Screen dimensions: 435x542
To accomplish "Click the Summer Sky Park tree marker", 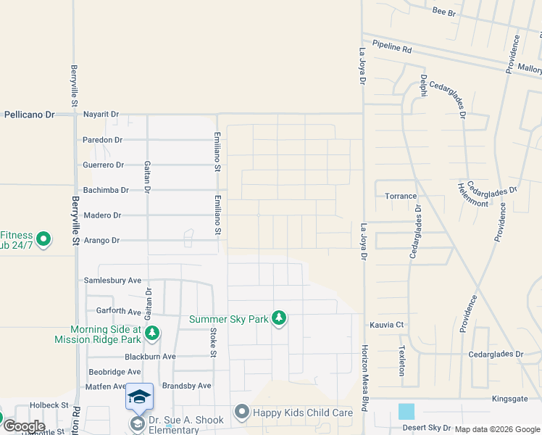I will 279,318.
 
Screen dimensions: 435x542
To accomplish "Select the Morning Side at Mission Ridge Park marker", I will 152,333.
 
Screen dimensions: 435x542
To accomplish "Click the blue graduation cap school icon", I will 139,397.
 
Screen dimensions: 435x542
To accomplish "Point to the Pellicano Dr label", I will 30,115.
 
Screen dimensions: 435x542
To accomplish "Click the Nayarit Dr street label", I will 101,115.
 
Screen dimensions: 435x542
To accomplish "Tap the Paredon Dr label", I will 102,140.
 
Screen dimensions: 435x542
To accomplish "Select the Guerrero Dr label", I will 104,165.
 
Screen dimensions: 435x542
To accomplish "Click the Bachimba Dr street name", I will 105,190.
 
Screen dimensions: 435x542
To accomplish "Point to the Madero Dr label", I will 102,215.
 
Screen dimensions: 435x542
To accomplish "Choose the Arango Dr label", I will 101,240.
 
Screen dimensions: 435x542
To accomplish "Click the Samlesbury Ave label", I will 113,281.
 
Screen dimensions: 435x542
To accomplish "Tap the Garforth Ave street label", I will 119,311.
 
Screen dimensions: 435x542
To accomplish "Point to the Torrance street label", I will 401,196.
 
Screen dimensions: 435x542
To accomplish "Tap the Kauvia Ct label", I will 386,326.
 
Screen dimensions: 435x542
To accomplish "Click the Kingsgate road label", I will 512,399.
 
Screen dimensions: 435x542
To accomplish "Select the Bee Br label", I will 443,12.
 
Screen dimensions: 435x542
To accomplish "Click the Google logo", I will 23,426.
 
